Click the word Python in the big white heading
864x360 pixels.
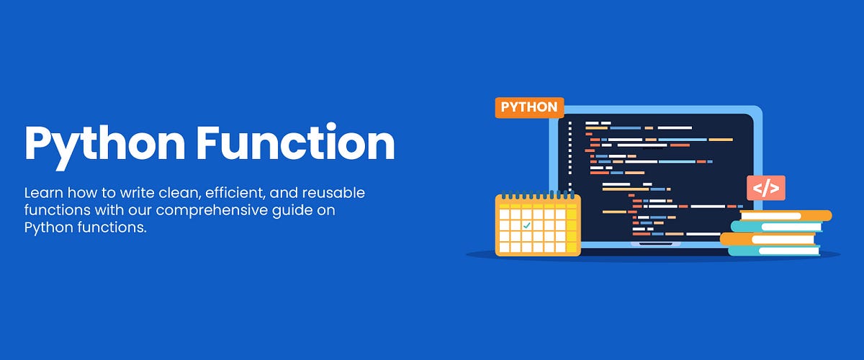click(x=104, y=143)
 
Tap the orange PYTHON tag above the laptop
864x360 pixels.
click(x=529, y=107)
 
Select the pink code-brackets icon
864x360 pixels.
click(x=765, y=188)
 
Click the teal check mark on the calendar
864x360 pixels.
click(x=526, y=225)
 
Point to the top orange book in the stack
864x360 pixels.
click(x=786, y=215)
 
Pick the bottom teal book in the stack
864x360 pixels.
click(x=774, y=251)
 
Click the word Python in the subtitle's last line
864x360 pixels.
click(x=45, y=228)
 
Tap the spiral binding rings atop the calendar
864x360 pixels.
click(x=538, y=196)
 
